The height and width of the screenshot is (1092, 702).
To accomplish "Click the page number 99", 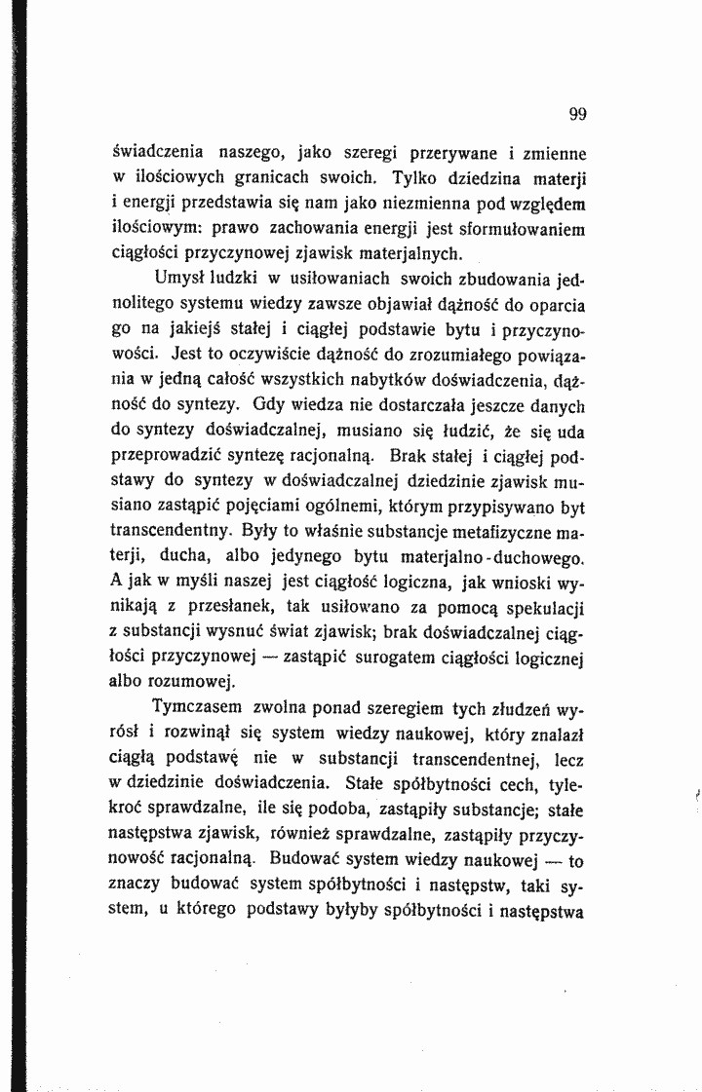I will [x=576, y=114].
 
